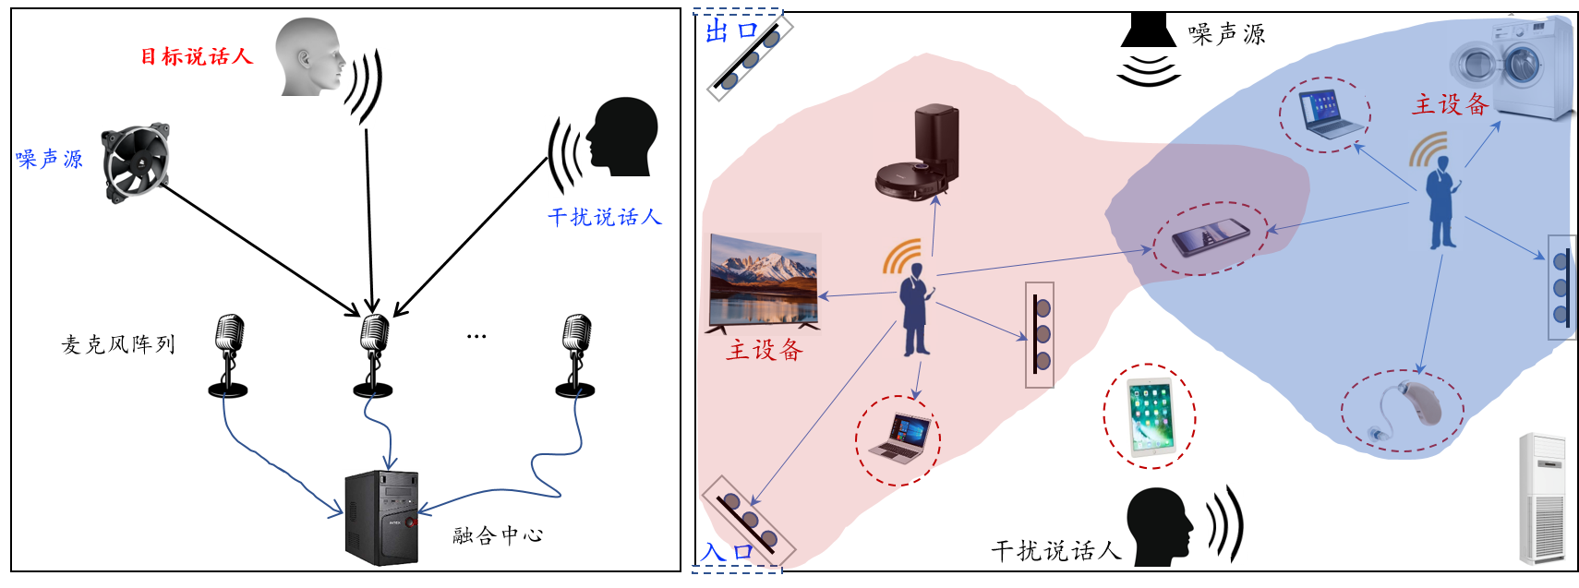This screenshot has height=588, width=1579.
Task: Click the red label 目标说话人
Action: [196, 56]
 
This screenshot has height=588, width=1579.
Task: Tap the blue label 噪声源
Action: [49, 159]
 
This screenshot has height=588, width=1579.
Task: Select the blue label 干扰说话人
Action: [605, 217]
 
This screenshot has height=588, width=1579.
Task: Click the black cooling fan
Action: [137, 163]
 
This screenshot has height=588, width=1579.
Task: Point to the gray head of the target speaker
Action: [310, 55]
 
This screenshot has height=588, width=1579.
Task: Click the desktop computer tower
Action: [381, 518]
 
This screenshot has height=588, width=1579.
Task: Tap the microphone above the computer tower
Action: [372, 355]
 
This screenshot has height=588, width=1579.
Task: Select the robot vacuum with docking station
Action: [917, 152]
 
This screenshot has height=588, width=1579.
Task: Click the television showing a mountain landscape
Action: [763, 283]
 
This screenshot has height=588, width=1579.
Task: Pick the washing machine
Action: [1511, 69]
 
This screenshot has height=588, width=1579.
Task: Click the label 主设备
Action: [1450, 104]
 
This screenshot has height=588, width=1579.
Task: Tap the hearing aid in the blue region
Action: [1402, 412]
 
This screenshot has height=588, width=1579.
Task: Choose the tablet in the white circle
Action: [1150, 416]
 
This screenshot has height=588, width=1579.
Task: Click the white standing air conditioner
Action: [1542, 498]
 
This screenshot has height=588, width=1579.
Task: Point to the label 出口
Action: [730, 32]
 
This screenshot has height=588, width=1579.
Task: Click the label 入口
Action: [727, 552]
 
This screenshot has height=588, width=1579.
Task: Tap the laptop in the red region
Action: [898, 440]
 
